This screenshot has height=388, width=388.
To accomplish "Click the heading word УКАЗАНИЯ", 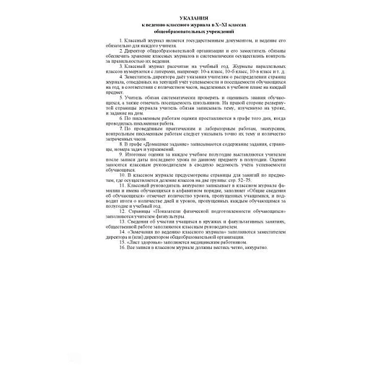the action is point(193,17).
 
